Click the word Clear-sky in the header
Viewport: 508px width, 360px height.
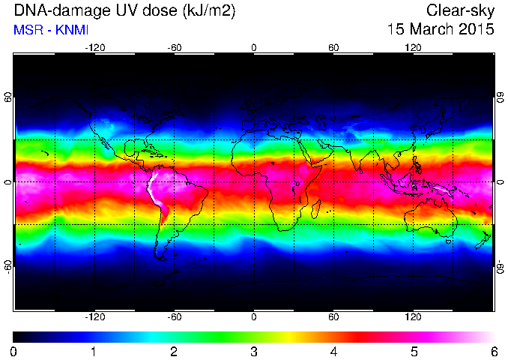[x=460, y=10]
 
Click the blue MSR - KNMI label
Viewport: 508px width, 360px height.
[x=51, y=30]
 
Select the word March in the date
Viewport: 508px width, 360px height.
[x=432, y=29]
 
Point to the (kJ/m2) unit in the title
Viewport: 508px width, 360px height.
[x=209, y=11]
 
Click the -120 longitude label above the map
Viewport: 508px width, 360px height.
[x=95, y=48]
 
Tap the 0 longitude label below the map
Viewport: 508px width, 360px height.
[x=254, y=316]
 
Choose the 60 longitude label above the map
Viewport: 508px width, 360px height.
[x=333, y=48]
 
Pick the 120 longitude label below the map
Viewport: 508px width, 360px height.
[x=413, y=316]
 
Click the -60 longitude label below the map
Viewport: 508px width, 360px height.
[x=175, y=316]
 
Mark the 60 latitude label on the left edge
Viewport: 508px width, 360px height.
[x=8, y=97]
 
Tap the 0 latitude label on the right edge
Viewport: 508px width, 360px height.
[x=501, y=182]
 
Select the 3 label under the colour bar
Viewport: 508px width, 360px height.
[x=254, y=352]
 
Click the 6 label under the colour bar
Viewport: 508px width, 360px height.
[x=494, y=352]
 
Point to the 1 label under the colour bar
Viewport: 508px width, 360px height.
[x=94, y=352]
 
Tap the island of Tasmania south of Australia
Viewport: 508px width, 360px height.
[x=448, y=241]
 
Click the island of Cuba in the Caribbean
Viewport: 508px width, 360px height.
[x=155, y=153]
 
